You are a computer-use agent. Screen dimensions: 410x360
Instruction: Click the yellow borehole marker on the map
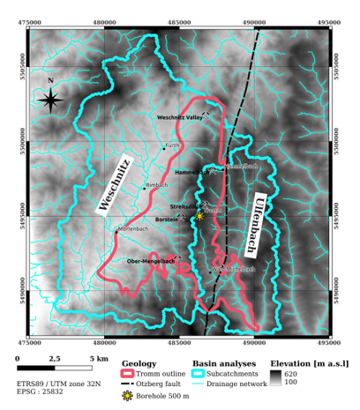pyautogui.click(x=199, y=215)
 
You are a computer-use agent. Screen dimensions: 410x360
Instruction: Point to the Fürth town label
pyautogui.click(x=173, y=145)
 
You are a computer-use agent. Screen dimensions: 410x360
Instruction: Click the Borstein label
pyautogui.click(x=167, y=218)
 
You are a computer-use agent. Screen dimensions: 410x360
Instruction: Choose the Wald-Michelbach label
pyautogui.click(x=234, y=268)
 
